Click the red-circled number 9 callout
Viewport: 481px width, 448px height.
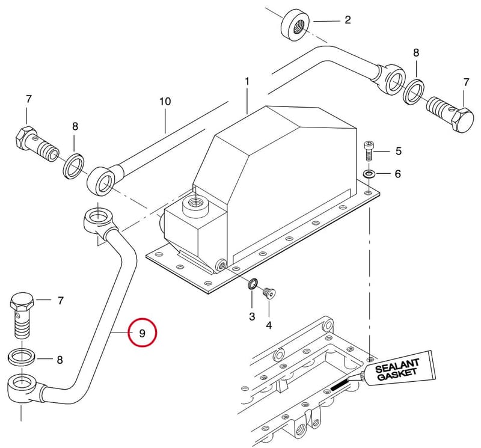142,333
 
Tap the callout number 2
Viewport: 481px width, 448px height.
348,20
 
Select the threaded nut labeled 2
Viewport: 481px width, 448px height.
295,26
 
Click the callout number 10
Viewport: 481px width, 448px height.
165,101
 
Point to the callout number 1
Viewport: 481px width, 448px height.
247,82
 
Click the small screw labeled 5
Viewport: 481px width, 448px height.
368,151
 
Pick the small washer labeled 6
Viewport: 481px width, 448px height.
368,174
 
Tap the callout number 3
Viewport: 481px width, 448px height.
252,316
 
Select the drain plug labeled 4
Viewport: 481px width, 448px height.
269,292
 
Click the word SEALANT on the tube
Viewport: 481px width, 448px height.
397,366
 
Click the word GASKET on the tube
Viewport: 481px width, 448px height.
397,375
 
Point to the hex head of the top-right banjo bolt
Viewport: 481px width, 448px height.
463,120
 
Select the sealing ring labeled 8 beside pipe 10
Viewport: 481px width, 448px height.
73,166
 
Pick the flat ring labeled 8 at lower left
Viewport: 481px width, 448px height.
20,357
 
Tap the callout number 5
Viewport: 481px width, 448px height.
398,151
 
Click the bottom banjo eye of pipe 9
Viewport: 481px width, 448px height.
22,387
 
